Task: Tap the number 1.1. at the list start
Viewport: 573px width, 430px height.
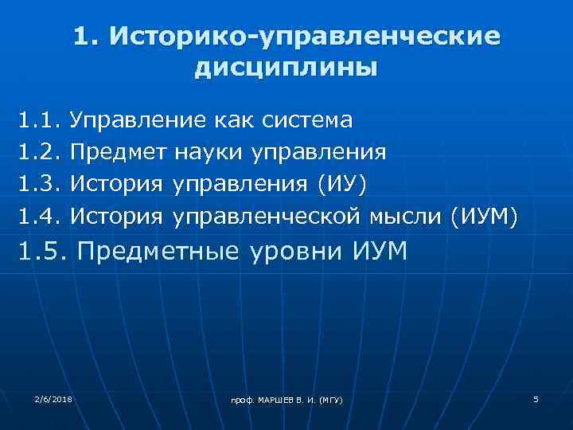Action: pyautogui.click(x=41, y=121)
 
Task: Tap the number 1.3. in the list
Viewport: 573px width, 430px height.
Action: pyautogui.click(x=41, y=183)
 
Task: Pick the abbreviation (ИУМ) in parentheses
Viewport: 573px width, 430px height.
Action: pyautogui.click(x=484, y=215)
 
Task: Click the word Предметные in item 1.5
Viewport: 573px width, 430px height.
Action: pyautogui.click(x=158, y=252)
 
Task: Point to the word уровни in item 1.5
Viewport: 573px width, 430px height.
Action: pyautogui.click(x=294, y=252)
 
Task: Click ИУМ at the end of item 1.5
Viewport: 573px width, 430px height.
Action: pyautogui.click(x=377, y=252)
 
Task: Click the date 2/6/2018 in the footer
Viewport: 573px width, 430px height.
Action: pyautogui.click(x=53, y=397)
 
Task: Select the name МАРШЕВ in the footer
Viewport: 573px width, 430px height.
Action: pyautogui.click(x=267, y=399)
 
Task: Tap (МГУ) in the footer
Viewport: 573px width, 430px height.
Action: pyautogui.click(x=328, y=399)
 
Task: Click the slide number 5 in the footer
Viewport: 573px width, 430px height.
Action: pyautogui.click(x=536, y=397)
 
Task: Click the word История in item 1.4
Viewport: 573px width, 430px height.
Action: pyautogui.click(x=116, y=215)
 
